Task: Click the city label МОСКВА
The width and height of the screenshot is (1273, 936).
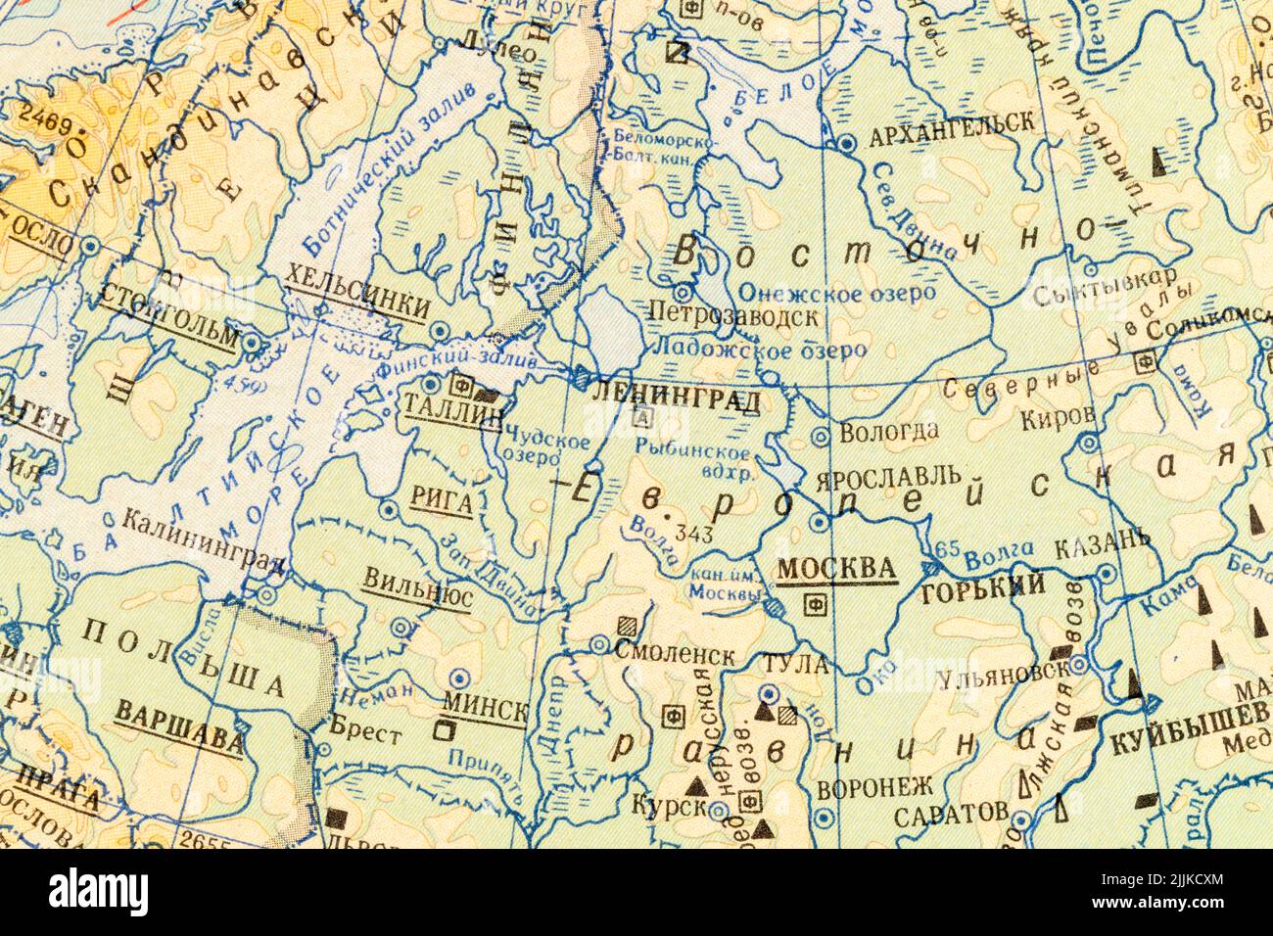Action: pos(835,569)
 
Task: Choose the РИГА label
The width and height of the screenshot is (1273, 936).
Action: pos(444,503)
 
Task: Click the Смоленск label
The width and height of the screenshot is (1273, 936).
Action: pos(676,651)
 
